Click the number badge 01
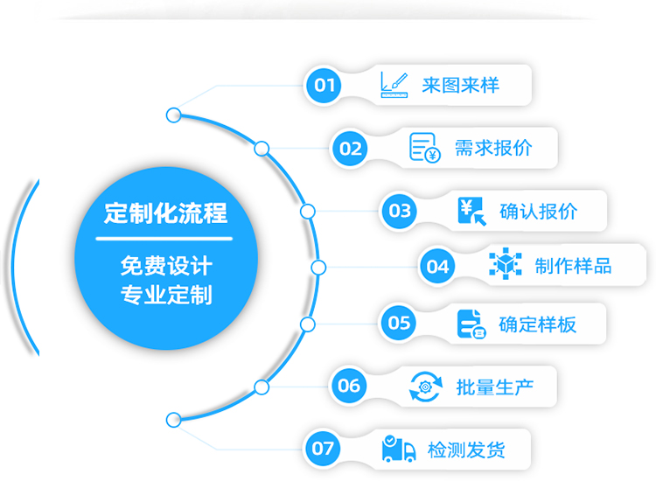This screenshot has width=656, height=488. coord(325,85)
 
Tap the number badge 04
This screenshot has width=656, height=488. coord(437,267)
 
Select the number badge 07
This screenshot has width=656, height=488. coord(323,450)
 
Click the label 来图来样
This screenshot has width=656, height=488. coord(460,85)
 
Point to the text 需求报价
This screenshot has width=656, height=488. coord(492,148)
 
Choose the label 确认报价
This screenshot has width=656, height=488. coord(539,211)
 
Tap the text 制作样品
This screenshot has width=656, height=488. coord(573,267)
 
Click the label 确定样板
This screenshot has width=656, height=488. coord(537,324)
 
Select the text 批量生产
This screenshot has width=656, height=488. coord(495,386)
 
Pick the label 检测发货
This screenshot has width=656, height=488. coord(466,450)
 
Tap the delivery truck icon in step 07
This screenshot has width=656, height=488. coord(399,450)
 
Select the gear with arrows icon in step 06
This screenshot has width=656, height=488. coord(426,386)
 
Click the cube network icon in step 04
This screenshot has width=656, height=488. coord(505,266)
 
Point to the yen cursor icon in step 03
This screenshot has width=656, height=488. coord(471,211)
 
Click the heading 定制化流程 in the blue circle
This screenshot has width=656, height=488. coord(165,213)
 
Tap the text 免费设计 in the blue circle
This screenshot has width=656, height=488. coord(165,265)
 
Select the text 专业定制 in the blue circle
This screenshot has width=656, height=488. coord(165,294)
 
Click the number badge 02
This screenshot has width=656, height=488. coord(351,148)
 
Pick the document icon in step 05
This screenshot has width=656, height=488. coord(471,324)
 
